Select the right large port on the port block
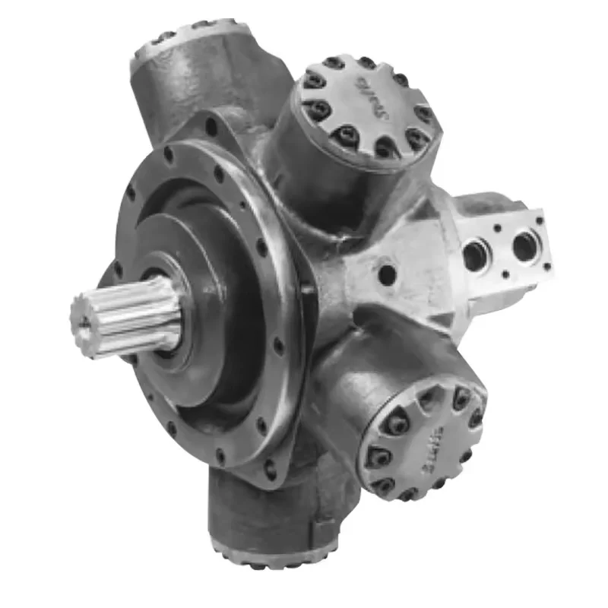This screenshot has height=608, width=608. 524,245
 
